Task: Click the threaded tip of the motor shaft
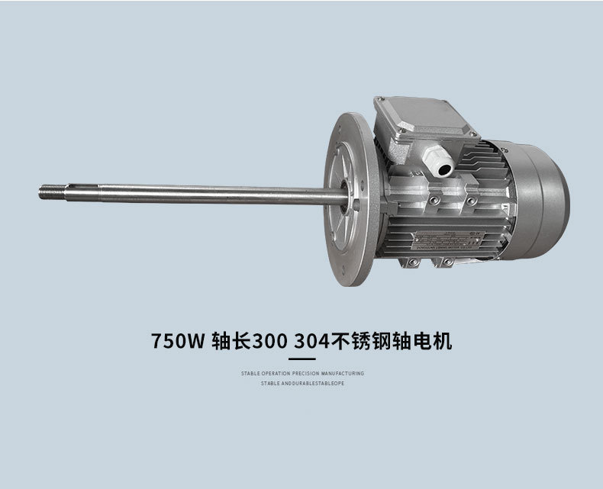point(48,191)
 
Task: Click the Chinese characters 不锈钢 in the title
point(365,340)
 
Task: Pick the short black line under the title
point(301,359)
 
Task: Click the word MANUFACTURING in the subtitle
point(343,374)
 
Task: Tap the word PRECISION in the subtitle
point(305,374)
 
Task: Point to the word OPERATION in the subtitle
point(273,374)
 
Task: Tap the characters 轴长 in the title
point(227,340)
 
